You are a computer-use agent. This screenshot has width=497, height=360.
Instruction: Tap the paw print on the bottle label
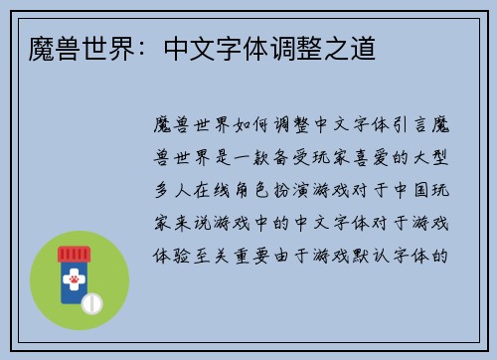[74, 282]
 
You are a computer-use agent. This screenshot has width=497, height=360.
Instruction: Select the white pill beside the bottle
[93, 302]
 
